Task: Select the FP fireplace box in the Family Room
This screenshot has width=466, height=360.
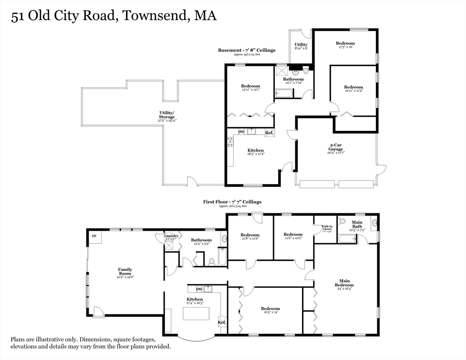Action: [x=94, y=236]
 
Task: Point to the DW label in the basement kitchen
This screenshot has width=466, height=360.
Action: [x=241, y=132]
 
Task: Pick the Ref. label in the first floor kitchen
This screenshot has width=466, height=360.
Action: [x=222, y=322]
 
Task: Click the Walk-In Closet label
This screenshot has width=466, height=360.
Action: [x=326, y=228]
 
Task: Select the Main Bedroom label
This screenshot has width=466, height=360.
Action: [x=344, y=283]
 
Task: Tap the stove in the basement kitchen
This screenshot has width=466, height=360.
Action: [x=230, y=141]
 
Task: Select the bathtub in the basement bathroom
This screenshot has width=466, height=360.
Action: [x=284, y=94]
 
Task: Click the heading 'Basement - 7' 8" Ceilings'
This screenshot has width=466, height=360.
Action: [x=246, y=50]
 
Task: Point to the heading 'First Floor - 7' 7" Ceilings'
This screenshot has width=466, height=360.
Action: [x=232, y=202]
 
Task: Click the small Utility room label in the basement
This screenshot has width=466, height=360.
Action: [x=301, y=45]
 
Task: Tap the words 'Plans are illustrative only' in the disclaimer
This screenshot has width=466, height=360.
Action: [x=44, y=339]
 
